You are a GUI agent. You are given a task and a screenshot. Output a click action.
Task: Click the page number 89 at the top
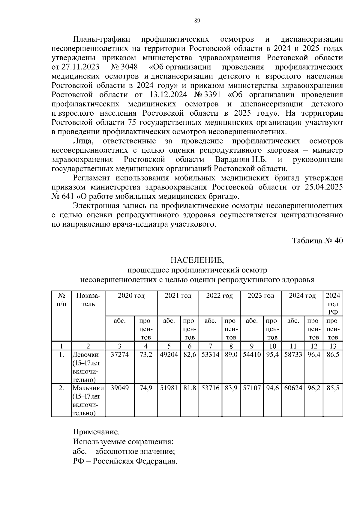point(197,21)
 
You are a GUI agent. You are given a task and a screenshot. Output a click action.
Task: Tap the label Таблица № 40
point(317,241)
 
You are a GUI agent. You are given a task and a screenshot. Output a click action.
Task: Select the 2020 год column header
point(131,296)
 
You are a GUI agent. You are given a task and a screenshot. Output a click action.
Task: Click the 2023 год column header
point(261,296)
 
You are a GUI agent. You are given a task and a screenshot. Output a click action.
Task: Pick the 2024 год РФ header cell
point(333,303)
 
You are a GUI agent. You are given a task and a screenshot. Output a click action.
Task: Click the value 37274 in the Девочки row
point(120,355)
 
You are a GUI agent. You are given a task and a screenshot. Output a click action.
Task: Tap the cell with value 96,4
point(314,355)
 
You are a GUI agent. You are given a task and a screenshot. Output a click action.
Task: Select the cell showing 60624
point(293,388)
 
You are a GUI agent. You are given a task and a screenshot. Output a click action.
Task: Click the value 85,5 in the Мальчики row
point(333,388)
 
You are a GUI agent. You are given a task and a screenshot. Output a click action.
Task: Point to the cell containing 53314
point(210,355)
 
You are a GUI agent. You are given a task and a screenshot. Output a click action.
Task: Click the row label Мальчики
point(88,388)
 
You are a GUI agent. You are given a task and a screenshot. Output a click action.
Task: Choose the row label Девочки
point(85,355)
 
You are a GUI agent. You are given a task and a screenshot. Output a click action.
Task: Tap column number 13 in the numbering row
point(333,346)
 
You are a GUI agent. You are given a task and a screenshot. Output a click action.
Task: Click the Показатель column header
point(88,300)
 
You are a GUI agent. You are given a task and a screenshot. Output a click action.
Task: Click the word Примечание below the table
point(96,432)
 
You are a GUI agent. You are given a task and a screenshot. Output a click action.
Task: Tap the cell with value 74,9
point(146,388)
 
